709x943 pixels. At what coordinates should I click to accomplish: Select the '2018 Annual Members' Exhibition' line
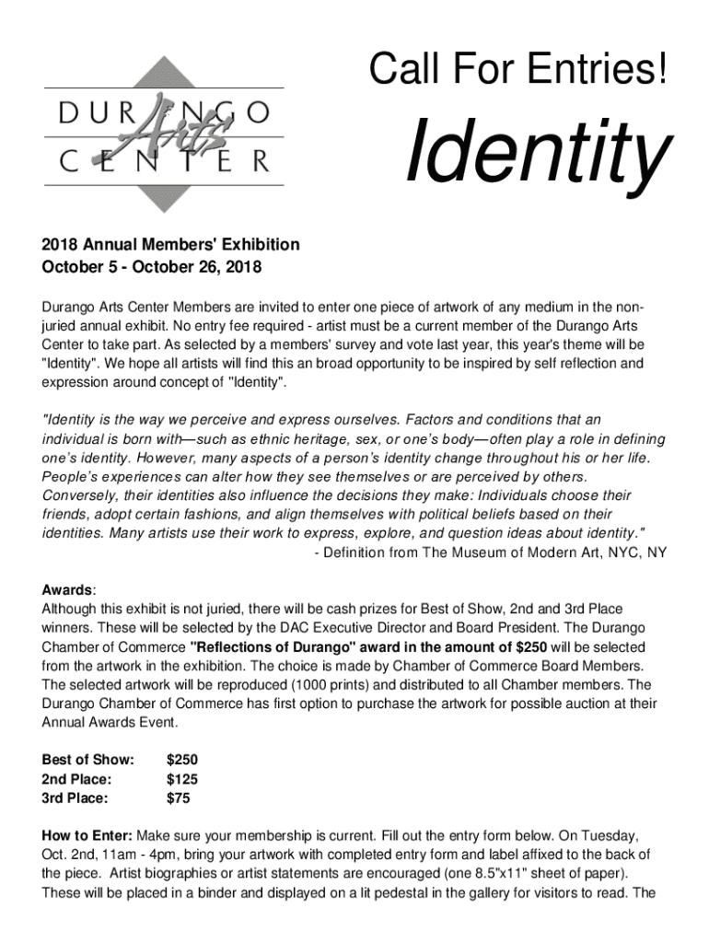[170, 245]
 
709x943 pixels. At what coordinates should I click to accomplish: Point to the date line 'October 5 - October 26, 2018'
[152, 268]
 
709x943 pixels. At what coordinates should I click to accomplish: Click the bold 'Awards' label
[65, 589]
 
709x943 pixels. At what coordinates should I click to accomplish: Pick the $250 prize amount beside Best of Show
[181, 760]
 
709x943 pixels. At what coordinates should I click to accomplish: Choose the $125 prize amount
[181, 779]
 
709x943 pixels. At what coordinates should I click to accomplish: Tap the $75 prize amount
[178, 798]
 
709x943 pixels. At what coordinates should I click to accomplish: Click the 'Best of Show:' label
[88, 760]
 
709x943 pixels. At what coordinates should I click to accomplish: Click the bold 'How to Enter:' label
[87, 835]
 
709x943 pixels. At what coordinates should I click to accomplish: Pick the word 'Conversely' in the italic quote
[77, 495]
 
